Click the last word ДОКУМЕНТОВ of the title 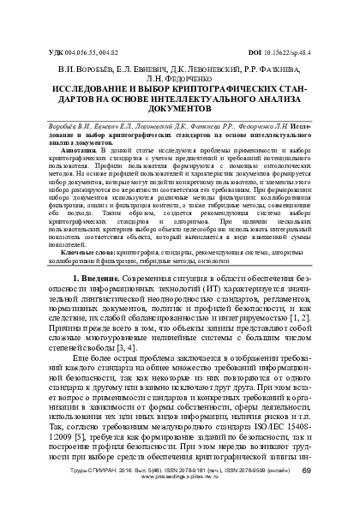pos(179,109)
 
